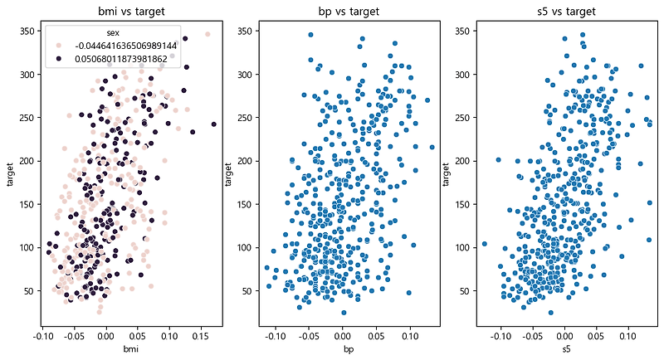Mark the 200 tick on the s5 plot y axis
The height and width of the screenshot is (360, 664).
(464, 161)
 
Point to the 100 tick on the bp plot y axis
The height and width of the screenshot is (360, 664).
(246, 247)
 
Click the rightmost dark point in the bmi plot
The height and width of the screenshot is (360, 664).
(213, 124)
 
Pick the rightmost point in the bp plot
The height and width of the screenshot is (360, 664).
(432, 147)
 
